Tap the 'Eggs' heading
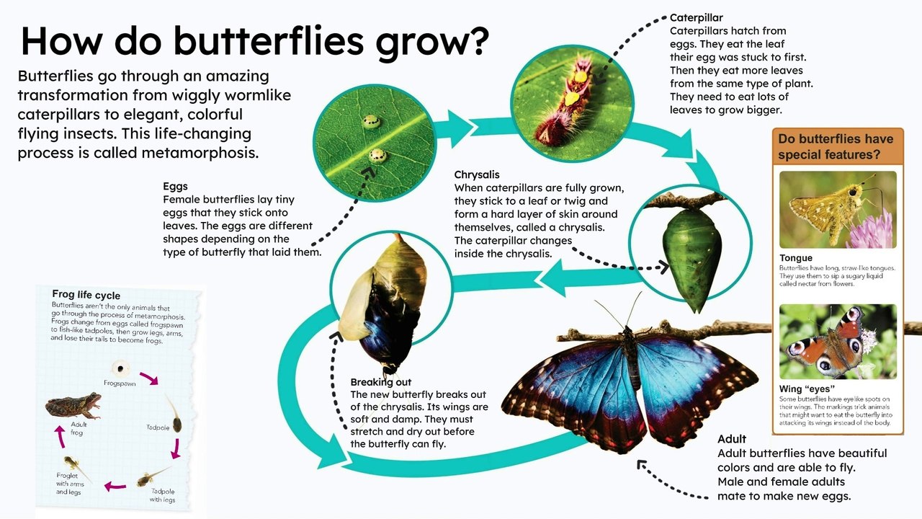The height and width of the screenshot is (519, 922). (175, 186)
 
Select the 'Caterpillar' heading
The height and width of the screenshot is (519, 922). (696, 17)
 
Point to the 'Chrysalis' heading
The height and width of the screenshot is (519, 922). (477, 174)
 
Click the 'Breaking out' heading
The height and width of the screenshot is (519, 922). (381, 381)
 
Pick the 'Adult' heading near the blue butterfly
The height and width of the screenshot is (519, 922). (732, 439)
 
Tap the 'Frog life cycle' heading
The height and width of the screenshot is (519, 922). (86, 295)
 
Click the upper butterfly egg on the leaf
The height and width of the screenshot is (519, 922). (372, 122)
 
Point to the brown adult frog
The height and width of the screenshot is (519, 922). (73, 406)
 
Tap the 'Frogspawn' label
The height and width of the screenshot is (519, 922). (120, 383)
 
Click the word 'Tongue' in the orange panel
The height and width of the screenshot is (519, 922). (796, 258)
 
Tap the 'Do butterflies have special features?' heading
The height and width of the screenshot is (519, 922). (836, 146)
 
